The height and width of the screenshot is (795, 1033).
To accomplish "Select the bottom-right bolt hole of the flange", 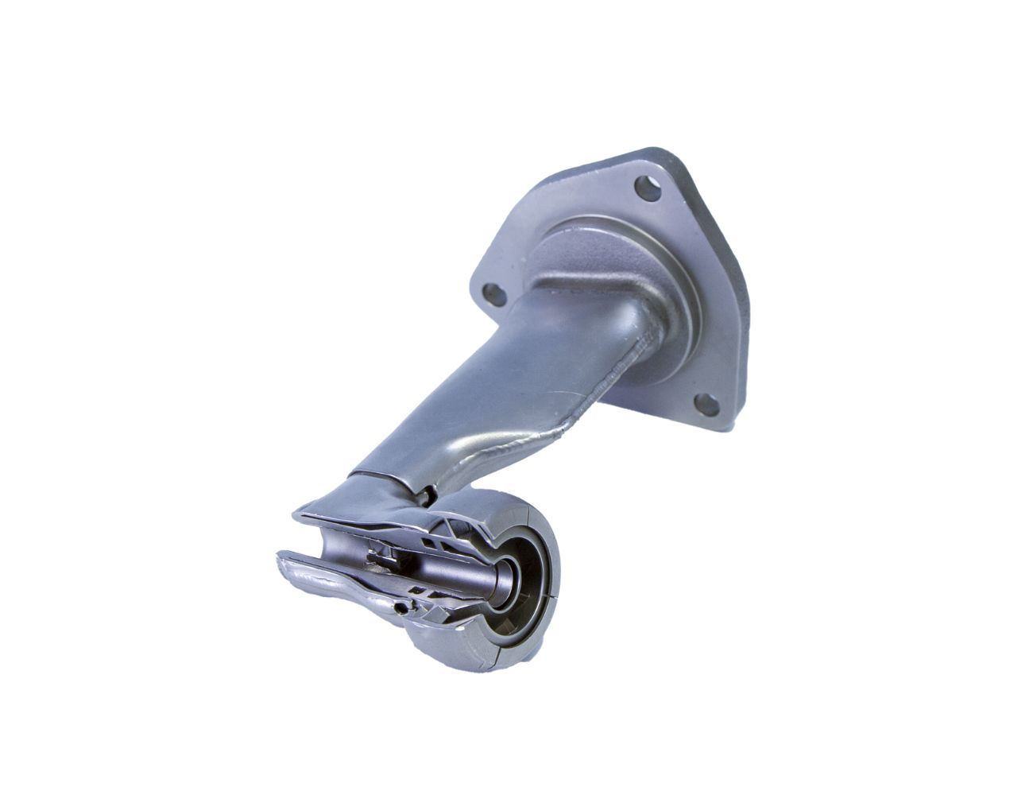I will [703, 404].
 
